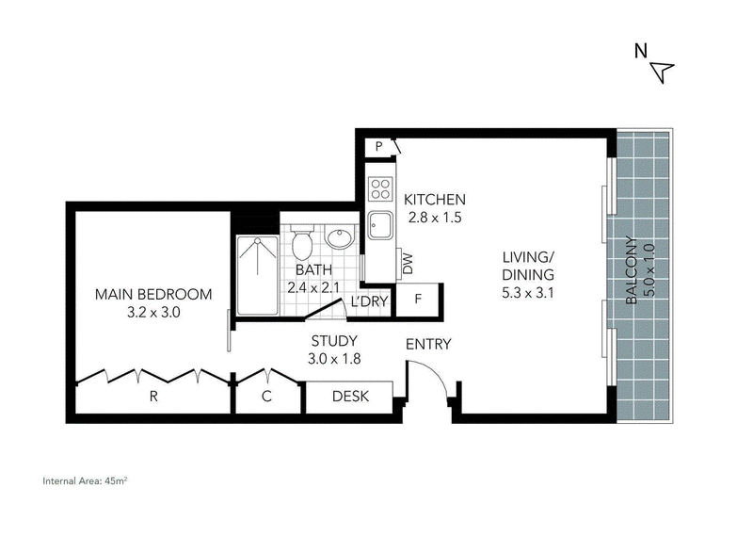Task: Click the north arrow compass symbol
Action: click(663, 73)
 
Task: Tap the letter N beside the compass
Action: click(641, 51)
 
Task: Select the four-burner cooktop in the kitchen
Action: click(381, 188)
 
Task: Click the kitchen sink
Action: click(380, 226)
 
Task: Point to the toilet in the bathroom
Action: click(302, 242)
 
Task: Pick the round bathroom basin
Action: click(340, 237)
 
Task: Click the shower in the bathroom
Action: click(257, 275)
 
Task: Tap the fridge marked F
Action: click(418, 300)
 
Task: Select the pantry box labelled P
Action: click(379, 146)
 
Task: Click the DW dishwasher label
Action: click(408, 264)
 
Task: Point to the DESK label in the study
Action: click(350, 397)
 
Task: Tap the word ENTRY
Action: click(428, 344)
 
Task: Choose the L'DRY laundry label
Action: click(369, 301)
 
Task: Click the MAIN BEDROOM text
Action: click(153, 294)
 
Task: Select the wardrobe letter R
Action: click(153, 397)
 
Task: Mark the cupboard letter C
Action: click(266, 397)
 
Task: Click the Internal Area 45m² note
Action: click(85, 480)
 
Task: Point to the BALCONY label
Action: click(632, 270)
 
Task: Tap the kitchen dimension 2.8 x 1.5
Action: click(435, 218)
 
